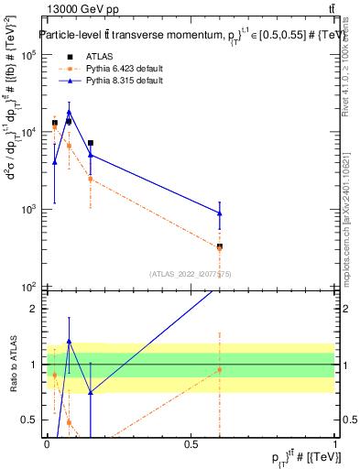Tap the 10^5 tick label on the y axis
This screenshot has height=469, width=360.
[x=29, y=55]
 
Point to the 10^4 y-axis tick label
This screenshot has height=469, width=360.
[x=29, y=132]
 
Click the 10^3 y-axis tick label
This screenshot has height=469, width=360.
[x=29, y=210]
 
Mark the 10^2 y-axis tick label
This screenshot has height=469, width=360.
[x=29, y=287]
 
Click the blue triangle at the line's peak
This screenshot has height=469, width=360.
[x=69, y=112]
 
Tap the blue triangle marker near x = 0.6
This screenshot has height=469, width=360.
[x=220, y=213]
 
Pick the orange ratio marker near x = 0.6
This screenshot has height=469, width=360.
[x=220, y=369]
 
